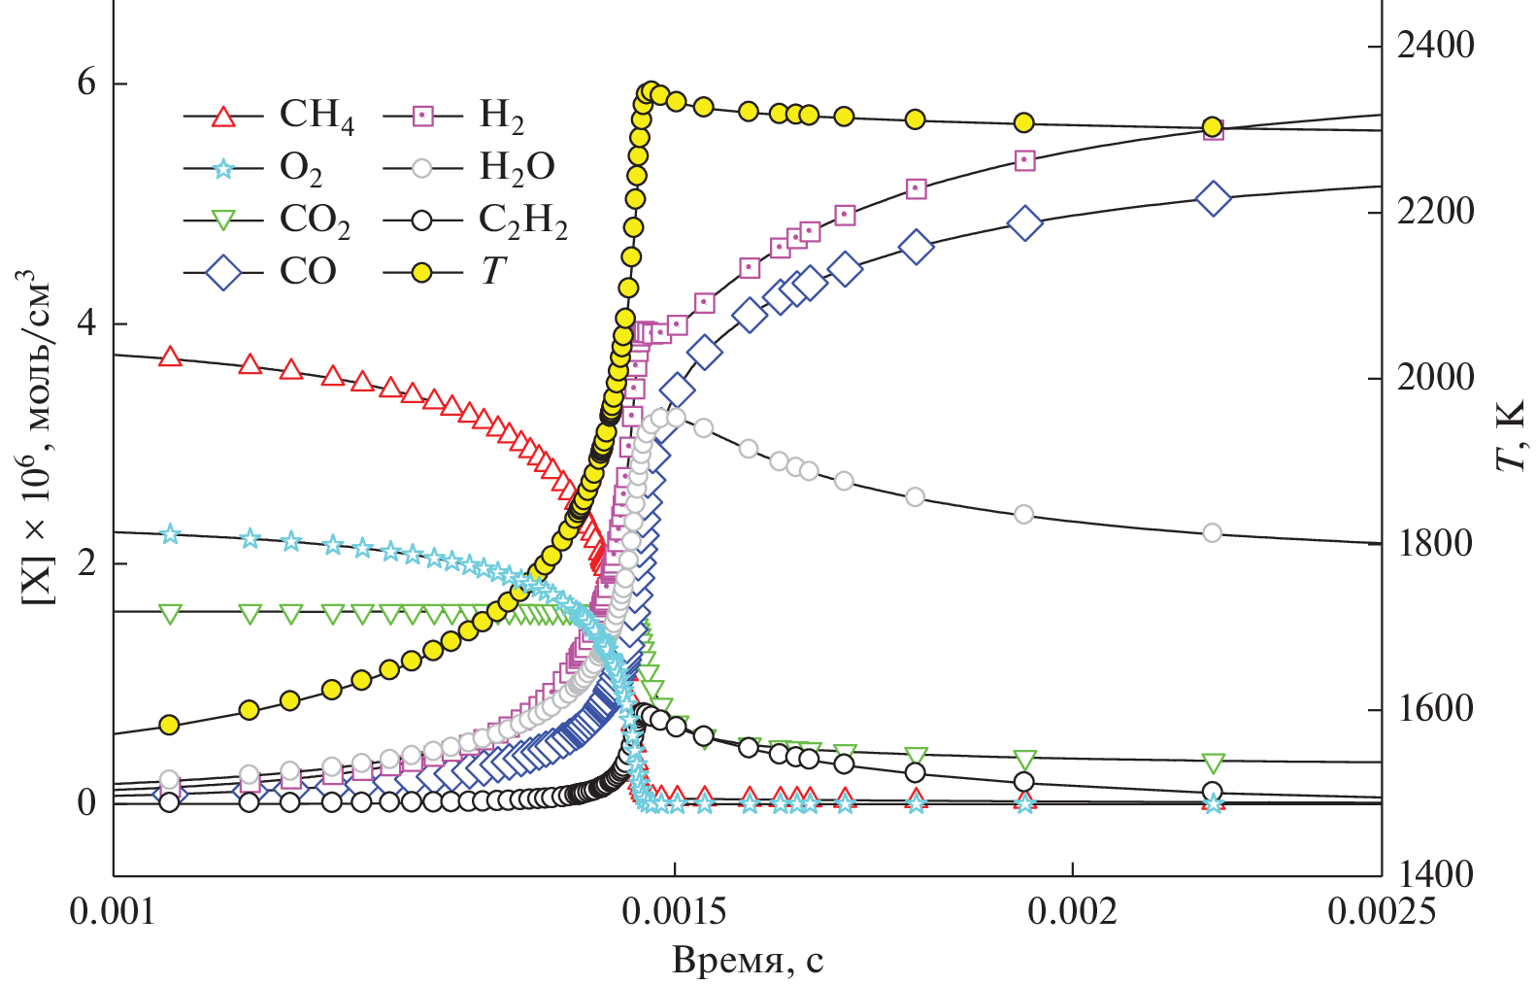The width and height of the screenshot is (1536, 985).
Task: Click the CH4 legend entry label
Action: (317, 116)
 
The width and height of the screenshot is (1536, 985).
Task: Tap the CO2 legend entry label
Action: (315, 221)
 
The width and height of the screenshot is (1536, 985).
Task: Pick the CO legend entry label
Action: (308, 271)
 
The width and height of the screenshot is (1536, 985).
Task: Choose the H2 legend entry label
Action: (501, 117)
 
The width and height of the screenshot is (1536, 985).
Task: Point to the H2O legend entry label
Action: (517, 168)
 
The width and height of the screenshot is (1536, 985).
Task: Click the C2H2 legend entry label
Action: (522, 221)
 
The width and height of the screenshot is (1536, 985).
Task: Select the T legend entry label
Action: (493, 272)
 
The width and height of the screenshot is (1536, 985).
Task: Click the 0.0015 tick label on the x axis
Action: (675, 912)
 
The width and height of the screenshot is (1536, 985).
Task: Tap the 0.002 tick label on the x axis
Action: (1073, 912)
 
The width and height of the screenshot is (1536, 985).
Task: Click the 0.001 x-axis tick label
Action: (114, 912)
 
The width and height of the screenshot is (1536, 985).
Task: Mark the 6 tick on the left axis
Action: (87, 84)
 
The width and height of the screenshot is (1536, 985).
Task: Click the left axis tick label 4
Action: (87, 323)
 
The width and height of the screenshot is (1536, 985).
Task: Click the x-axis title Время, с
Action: (748, 961)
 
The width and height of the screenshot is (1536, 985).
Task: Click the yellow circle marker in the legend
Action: (421, 273)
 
